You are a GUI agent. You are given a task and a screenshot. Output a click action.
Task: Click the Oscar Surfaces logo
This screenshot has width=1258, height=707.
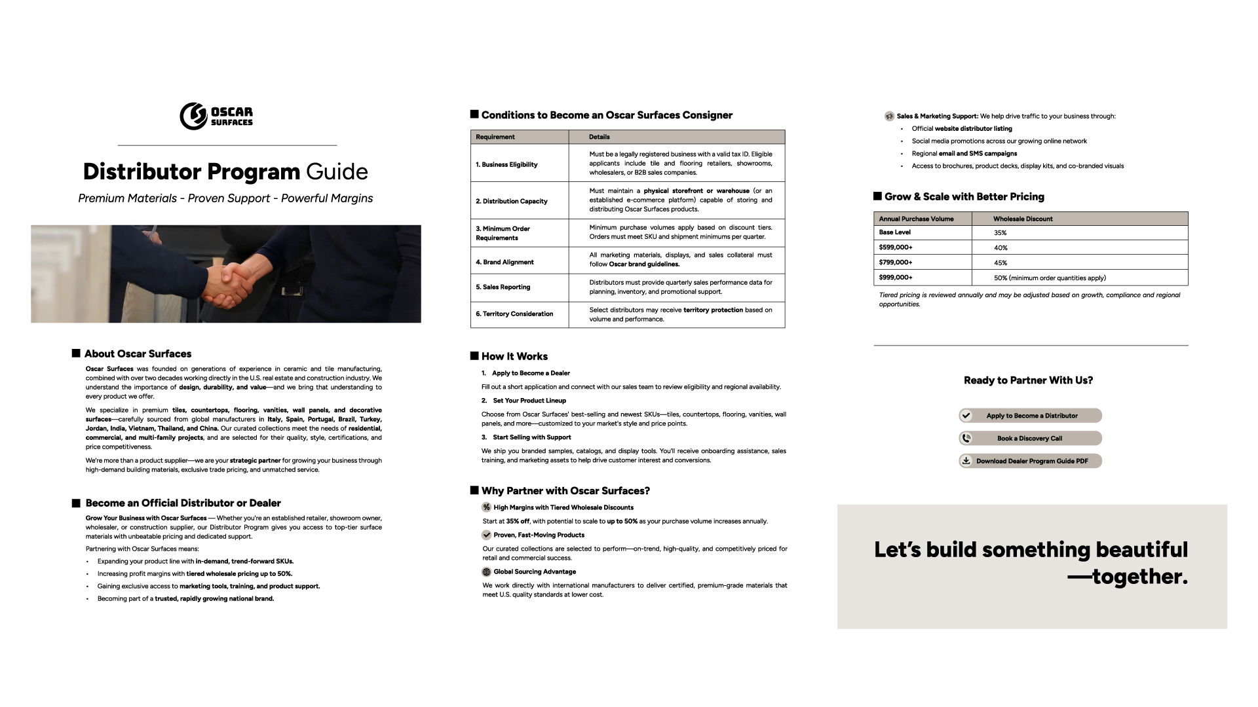216,116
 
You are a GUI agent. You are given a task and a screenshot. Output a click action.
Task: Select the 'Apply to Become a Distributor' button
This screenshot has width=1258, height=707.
1030,416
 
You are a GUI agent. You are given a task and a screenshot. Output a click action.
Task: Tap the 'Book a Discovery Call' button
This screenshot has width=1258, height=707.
1030,439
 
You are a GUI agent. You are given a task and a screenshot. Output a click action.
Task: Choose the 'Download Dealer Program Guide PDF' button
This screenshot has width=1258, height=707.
1030,461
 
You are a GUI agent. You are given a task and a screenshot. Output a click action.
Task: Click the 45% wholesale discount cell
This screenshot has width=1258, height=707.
1001,263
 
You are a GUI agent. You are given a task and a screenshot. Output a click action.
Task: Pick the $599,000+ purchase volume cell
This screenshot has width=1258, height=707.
896,247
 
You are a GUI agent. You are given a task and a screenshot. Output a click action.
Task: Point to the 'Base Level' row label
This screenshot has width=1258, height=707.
895,232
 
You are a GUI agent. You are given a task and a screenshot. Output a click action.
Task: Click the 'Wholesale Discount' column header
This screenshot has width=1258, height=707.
1023,219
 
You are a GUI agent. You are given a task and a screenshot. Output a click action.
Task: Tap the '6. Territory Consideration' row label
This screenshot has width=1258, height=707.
514,314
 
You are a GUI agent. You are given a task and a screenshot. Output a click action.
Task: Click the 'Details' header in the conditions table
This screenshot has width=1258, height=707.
599,137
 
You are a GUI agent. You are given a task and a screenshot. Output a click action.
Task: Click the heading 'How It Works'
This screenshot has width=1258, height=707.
514,357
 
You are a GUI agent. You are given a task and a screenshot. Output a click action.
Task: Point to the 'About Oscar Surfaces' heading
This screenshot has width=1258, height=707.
138,354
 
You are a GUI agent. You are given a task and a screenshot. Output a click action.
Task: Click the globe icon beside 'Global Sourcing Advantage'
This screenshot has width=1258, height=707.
486,571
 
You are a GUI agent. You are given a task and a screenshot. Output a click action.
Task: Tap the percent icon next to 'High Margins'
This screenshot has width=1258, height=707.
486,507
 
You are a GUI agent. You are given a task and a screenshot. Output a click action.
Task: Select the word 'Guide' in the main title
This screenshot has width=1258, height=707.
337,172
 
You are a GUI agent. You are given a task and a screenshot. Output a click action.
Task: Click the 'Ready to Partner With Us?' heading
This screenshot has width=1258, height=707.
1028,380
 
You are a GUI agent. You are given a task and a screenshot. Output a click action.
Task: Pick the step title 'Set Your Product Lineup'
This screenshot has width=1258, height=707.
529,401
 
